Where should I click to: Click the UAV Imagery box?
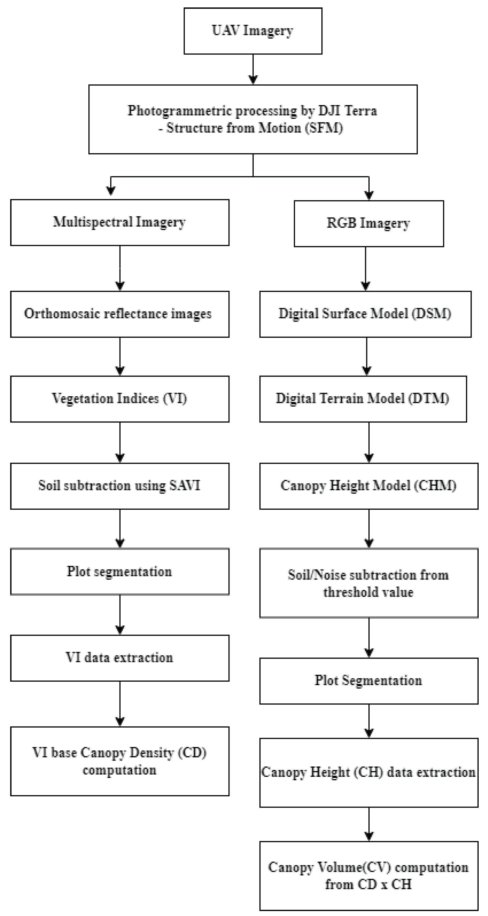[253, 31]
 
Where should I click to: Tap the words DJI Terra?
[347, 111]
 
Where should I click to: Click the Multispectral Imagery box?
[120, 222]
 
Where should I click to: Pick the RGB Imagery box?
[368, 224]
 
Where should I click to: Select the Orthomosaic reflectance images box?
[120, 314]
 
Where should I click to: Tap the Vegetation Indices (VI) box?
[120, 399]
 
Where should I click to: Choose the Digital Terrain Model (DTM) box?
[363, 399]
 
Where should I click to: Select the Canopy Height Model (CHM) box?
[368, 486]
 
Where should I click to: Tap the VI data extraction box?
[120, 658]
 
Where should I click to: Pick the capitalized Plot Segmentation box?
[368, 681]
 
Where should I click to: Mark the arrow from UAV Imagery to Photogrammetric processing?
[253, 69]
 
